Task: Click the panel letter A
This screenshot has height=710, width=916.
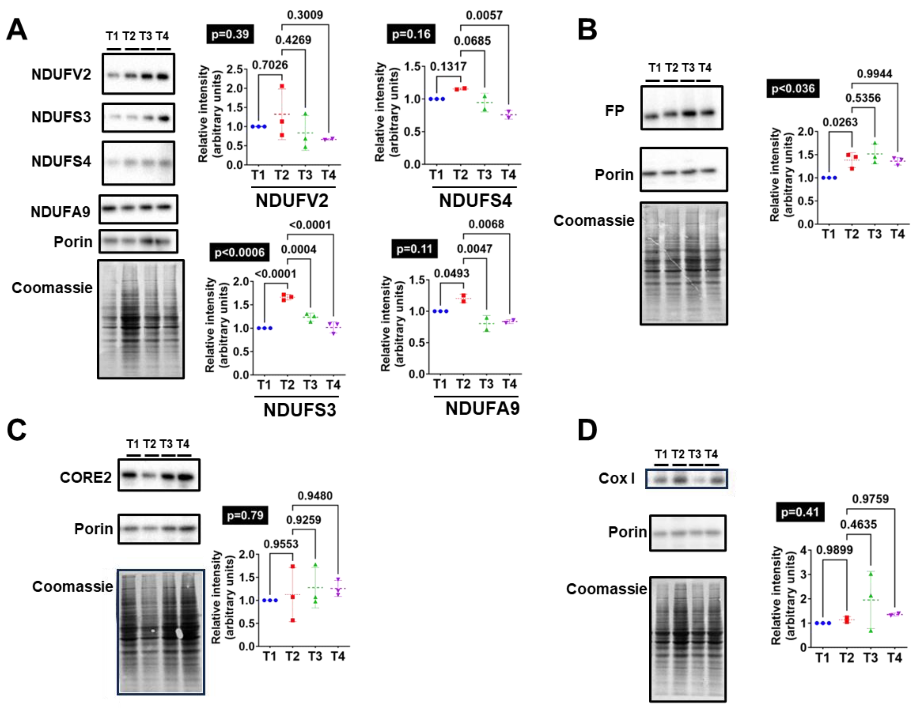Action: tap(17, 30)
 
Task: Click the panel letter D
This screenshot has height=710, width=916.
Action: tap(587, 430)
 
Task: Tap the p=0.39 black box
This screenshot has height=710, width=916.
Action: tap(230, 34)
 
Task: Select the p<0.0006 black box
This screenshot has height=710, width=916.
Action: tap(240, 252)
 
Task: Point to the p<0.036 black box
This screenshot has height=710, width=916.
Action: tap(793, 89)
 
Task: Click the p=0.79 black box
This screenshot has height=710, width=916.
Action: tap(245, 515)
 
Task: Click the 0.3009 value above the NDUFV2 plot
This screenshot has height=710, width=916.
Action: tap(305, 15)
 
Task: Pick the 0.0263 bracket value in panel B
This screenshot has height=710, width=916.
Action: tap(840, 122)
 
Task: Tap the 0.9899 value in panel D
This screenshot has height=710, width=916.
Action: tap(834, 549)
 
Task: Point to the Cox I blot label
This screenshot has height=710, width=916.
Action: tap(617, 478)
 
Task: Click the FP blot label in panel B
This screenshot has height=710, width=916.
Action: tap(614, 111)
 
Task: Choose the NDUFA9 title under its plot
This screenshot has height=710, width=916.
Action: tap(482, 409)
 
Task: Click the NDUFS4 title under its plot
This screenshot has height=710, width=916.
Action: tap(475, 201)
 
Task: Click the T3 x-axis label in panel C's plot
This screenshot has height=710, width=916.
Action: tap(315, 656)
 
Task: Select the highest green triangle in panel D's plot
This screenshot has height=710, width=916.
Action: tap(871, 574)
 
